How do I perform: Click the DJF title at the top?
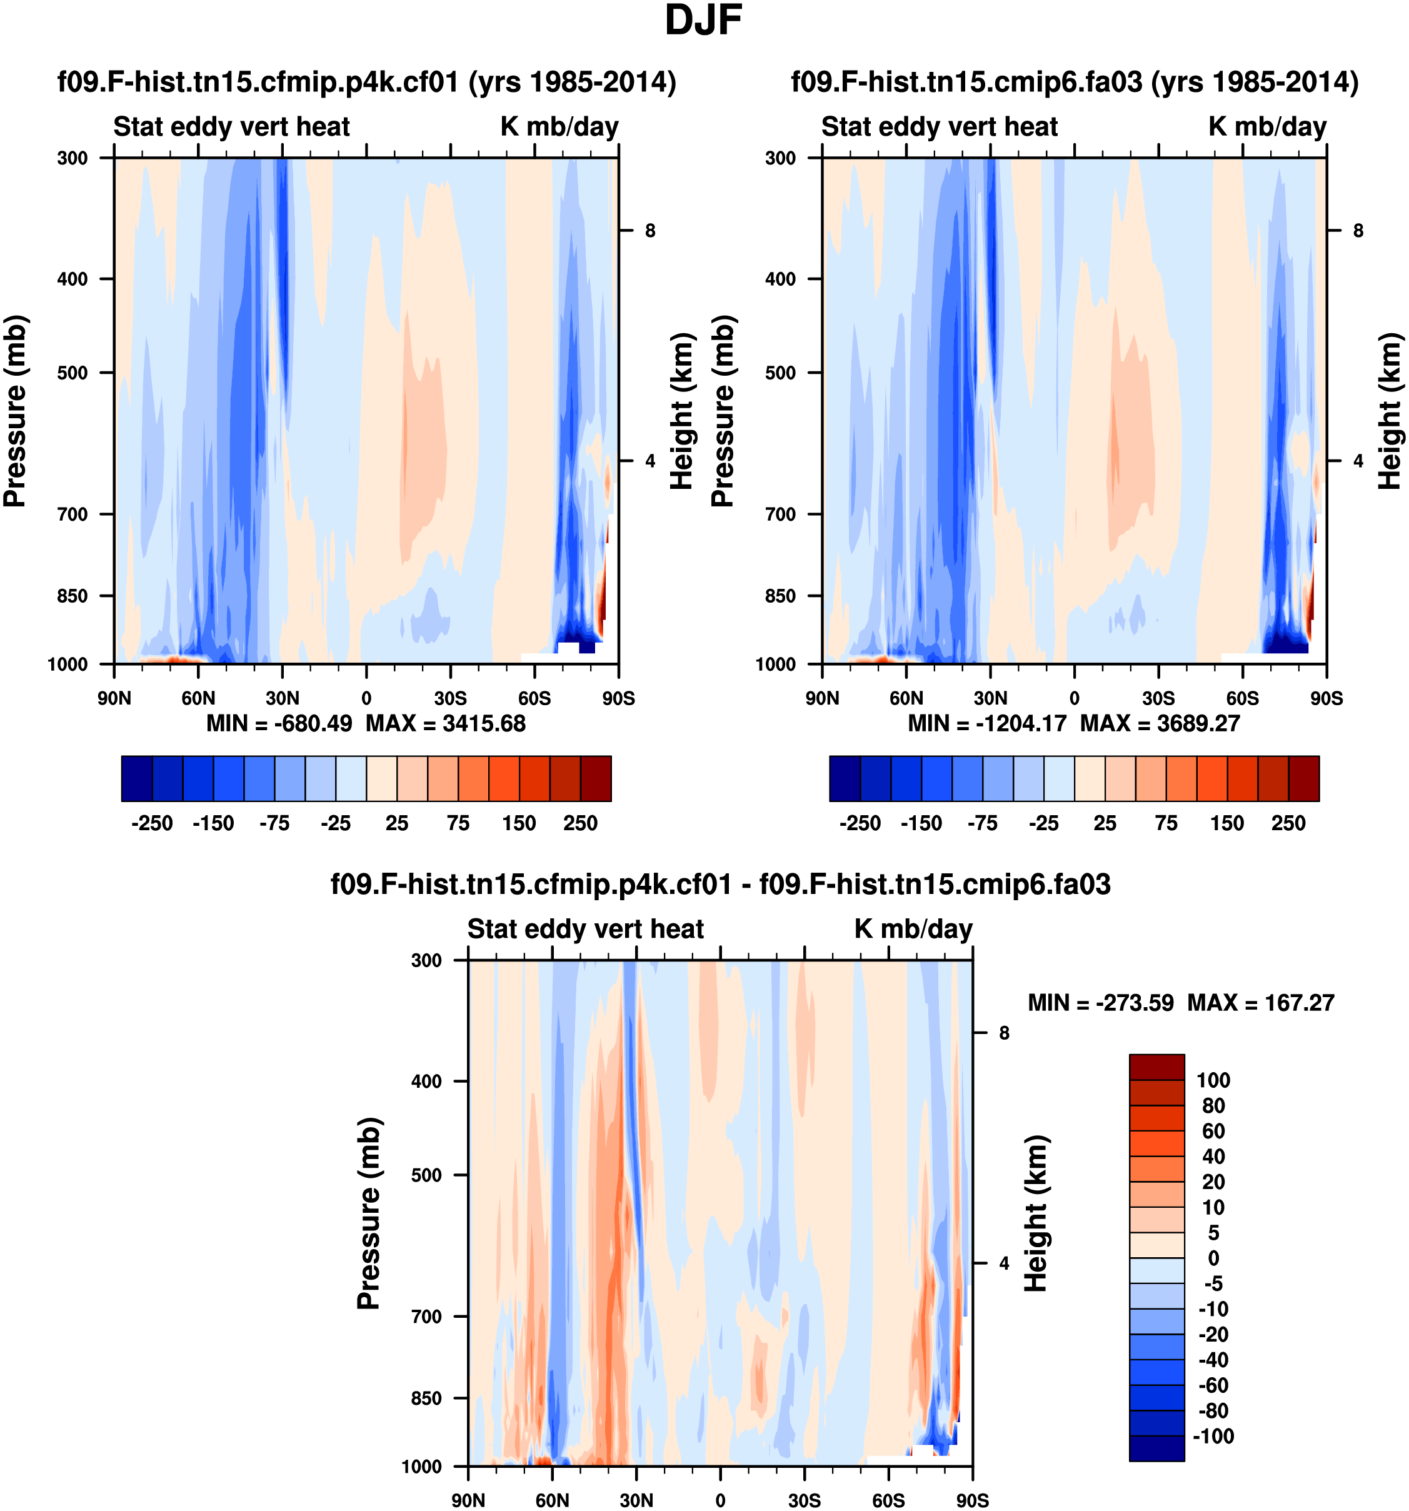(x=703, y=21)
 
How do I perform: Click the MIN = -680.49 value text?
(x=279, y=723)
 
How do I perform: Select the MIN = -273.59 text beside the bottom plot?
(x=1100, y=1003)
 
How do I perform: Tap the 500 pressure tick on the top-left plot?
(x=73, y=373)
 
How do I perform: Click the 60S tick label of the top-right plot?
(x=1243, y=698)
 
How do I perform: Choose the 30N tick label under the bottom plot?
(x=636, y=1500)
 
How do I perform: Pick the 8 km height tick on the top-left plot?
(x=649, y=230)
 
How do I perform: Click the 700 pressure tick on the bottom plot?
(x=426, y=1317)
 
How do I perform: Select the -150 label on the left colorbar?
(x=213, y=823)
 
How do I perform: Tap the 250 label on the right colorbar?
(x=1288, y=823)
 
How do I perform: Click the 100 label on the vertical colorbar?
(x=1213, y=1080)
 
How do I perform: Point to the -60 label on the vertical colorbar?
(x=1213, y=1385)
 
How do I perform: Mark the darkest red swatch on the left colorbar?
(x=596, y=778)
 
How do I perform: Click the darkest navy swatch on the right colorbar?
(x=845, y=778)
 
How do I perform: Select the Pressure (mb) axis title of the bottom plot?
(x=369, y=1214)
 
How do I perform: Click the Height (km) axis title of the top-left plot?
(x=683, y=411)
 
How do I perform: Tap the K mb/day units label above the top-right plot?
(x=1267, y=126)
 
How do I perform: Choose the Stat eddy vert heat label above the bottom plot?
(x=585, y=929)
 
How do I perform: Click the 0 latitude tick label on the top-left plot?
(x=366, y=698)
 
